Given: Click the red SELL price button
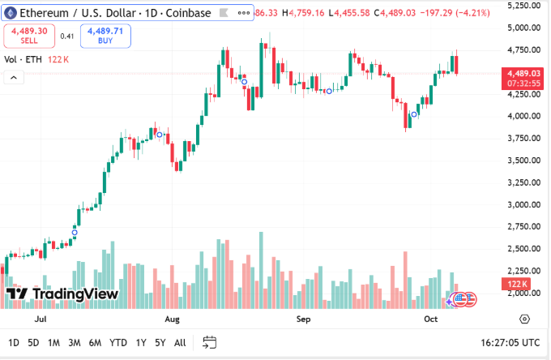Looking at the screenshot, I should (29, 35).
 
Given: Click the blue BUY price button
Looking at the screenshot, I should (105, 35).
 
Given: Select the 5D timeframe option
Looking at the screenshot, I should (33, 342).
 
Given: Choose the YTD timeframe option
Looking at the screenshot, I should (118, 342).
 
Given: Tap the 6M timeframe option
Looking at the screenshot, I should (95, 342).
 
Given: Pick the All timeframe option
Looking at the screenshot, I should (180, 342).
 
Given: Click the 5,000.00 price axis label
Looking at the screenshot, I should (524, 28).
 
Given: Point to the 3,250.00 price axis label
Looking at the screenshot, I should (524, 182).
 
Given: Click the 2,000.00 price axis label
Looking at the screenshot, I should (524, 293).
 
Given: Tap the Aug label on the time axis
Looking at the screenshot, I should (172, 319).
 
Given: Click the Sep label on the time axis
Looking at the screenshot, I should (303, 319).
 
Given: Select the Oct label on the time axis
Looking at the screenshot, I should (431, 319).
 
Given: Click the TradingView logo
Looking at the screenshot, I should (62, 294).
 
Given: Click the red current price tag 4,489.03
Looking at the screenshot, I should (523, 73).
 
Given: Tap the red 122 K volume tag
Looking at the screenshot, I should (518, 284).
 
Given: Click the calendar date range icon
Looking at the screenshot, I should (209, 342).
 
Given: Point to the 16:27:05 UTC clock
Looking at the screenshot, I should (509, 342).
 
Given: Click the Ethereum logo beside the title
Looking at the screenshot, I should (10, 13).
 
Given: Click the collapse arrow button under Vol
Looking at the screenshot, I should (13, 77).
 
